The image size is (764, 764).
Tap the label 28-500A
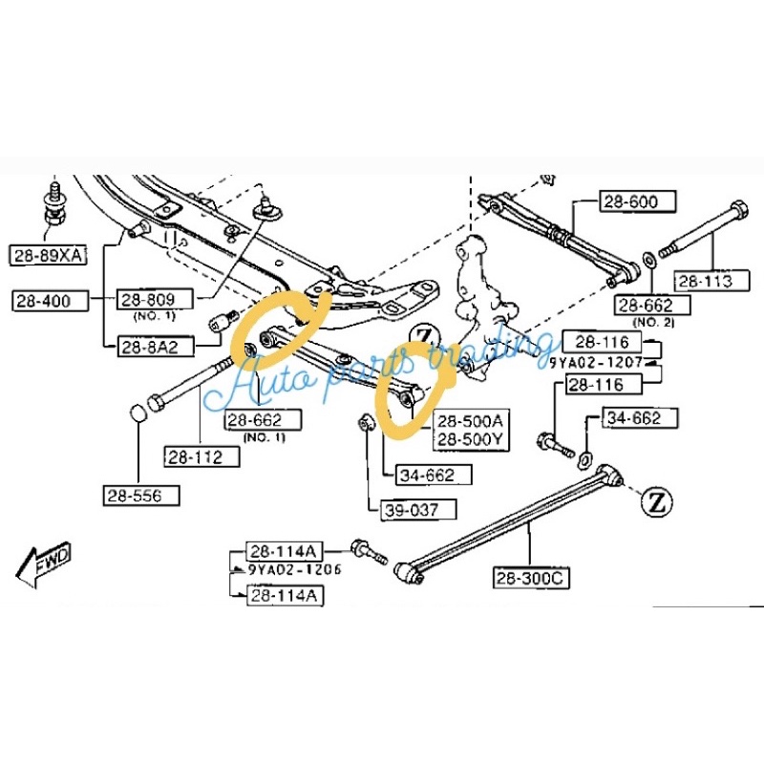point(469,420)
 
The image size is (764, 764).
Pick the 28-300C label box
point(530,578)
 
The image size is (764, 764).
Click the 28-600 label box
point(637,202)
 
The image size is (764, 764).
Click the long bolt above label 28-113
point(702,231)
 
